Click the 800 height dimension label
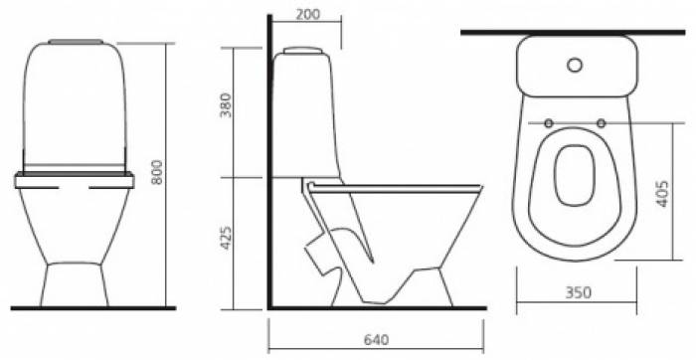157,172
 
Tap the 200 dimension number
307,15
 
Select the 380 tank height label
226,105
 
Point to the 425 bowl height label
226,238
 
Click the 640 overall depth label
376,339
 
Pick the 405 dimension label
661,194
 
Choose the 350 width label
578,292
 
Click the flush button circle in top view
575,66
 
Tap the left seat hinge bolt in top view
549,123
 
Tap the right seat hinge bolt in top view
601,123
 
